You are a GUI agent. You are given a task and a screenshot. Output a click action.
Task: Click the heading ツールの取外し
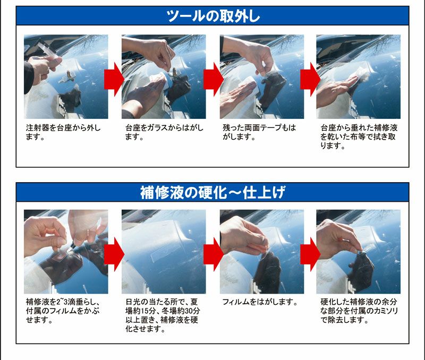coord(213,16)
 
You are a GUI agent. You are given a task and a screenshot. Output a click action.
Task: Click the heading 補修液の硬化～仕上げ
coord(213,192)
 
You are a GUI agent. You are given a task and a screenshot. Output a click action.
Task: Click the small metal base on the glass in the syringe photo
coord(69,76)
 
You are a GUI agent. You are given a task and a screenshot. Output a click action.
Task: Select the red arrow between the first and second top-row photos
coord(114,79)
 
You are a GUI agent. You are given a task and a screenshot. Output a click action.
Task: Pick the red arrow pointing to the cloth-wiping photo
coord(310,79)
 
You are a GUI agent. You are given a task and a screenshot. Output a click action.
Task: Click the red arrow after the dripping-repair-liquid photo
coord(114,254)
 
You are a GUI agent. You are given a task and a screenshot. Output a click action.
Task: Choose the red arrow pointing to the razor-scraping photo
coord(310,254)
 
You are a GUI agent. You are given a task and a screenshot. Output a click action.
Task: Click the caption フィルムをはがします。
coord(260,302)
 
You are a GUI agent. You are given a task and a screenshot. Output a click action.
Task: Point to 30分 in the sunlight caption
coord(192,311)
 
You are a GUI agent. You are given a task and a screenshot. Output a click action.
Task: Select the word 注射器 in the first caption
coord(38,127)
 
